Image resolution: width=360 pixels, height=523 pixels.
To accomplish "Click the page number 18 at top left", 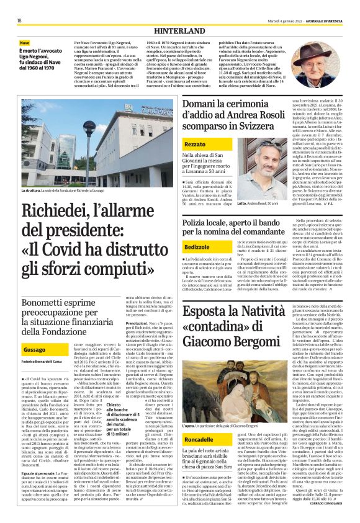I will point(20,20).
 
